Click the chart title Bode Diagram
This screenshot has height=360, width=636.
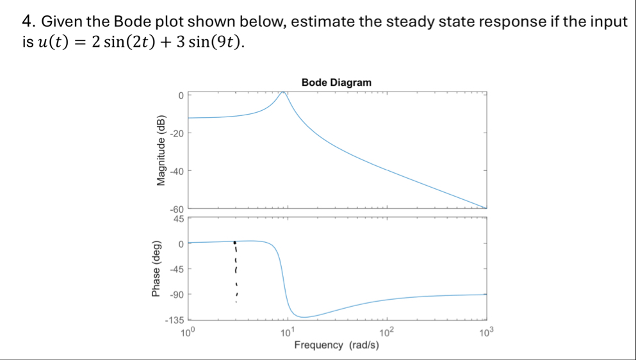336,83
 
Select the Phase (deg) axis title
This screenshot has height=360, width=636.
156,269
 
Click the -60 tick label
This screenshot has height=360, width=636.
177,209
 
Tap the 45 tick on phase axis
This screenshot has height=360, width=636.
179,218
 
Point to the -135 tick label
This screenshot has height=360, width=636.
174,320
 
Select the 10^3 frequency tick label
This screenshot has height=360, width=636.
486,332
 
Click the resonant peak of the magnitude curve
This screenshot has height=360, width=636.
282,93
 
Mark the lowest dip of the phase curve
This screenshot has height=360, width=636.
307,316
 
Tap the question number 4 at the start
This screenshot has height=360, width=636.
26,22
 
